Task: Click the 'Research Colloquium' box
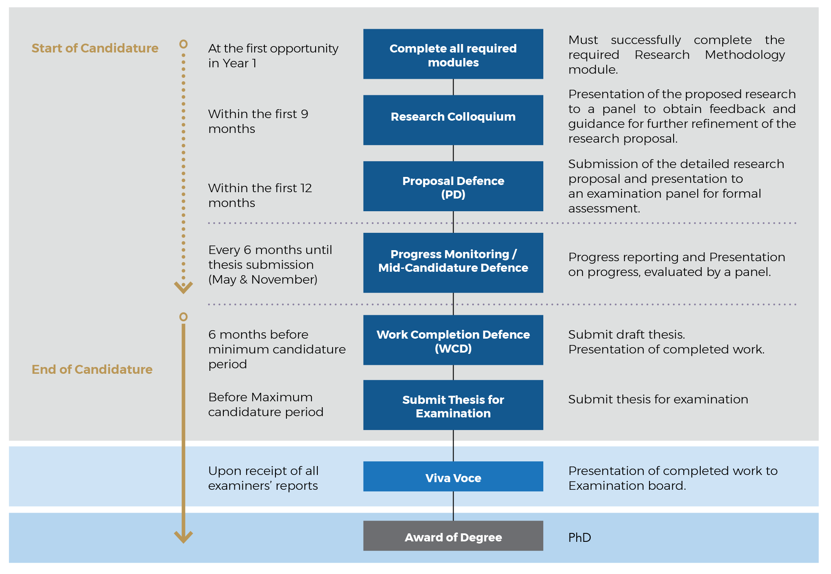453,120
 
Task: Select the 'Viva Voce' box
453,476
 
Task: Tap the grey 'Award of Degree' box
453,535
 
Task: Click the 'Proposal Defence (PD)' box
453,186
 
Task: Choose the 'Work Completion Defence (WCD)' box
453,340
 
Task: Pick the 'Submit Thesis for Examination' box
453,405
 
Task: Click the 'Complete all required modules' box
453,54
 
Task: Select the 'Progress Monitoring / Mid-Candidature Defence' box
453,263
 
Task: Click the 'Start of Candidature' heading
95,48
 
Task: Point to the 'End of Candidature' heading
92,370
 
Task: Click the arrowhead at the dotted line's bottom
183,288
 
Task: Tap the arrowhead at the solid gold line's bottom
183,537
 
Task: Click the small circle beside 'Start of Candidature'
183,44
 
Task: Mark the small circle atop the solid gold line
183,317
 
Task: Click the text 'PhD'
580,538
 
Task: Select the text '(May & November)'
263,279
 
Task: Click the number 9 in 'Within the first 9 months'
305,114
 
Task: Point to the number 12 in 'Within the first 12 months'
306,188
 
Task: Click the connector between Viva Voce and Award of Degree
453,506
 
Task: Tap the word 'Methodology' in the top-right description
745,55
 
